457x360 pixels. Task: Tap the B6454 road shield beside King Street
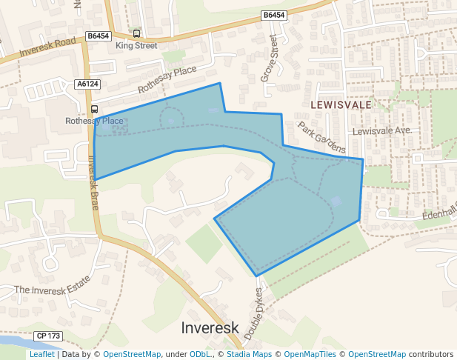(x=98, y=35)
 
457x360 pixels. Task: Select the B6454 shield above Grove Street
(x=273, y=15)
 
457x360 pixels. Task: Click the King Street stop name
(x=136, y=46)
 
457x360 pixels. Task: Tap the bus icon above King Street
(x=136, y=34)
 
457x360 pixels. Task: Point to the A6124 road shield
(x=87, y=84)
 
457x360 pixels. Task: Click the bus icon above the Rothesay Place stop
(x=94, y=109)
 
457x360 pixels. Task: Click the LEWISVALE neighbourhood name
(x=341, y=105)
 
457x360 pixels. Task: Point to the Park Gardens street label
(x=321, y=137)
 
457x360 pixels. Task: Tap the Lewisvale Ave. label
(x=381, y=130)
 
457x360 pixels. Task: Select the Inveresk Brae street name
(x=93, y=181)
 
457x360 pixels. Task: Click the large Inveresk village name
(x=210, y=327)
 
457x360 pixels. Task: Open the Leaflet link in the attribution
(x=41, y=354)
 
